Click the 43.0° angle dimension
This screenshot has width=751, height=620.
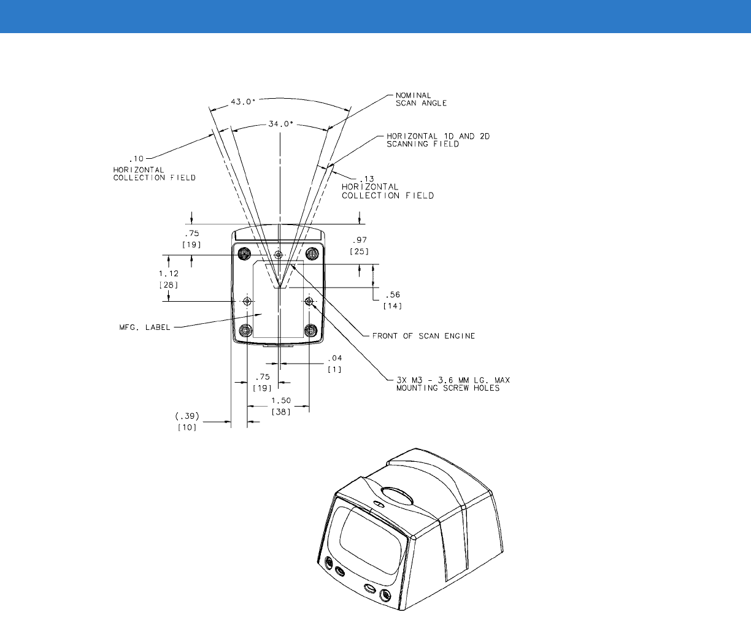point(243,102)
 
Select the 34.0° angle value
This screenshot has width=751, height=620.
point(281,124)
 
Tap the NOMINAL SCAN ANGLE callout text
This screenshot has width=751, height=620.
point(421,99)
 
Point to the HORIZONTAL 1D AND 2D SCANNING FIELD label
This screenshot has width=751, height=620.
point(438,140)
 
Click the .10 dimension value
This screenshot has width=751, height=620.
point(136,159)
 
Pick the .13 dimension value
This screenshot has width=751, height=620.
point(367,179)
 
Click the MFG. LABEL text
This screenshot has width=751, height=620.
point(145,327)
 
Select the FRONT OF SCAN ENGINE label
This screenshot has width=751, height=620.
point(423,336)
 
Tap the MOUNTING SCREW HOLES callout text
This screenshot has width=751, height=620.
point(448,388)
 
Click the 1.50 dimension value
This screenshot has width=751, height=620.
point(281,400)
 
